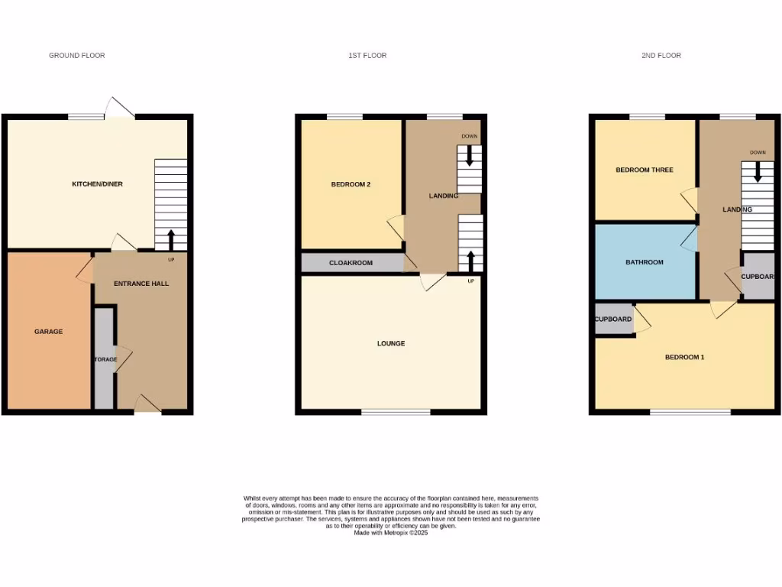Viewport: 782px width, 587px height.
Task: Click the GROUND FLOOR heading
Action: point(77,56)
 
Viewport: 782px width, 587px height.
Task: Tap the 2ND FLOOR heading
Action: point(661,56)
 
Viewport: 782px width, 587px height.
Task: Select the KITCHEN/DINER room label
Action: point(97,184)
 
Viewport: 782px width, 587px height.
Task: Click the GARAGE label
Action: point(48,332)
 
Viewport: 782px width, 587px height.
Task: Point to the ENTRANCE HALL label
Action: point(141,284)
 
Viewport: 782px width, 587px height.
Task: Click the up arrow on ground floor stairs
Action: point(170,239)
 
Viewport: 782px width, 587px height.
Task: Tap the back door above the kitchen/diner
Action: point(120,109)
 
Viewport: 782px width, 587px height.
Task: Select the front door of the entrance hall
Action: point(147,404)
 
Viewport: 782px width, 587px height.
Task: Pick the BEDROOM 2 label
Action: point(351,184)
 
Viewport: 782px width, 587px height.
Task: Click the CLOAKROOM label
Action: point(351,263)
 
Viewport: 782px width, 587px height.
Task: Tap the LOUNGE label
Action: point(391,344)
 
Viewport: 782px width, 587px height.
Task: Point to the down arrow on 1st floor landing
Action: point(469,156)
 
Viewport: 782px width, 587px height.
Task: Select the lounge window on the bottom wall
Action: point(396,413)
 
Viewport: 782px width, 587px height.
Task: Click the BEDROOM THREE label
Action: point(645,170)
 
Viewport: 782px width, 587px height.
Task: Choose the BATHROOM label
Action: point(645,262)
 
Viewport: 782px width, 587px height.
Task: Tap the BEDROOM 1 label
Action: point(684,357)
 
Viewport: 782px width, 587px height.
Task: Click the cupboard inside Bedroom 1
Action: point(614,319)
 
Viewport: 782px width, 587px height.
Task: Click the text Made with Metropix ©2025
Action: point(391,533)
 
